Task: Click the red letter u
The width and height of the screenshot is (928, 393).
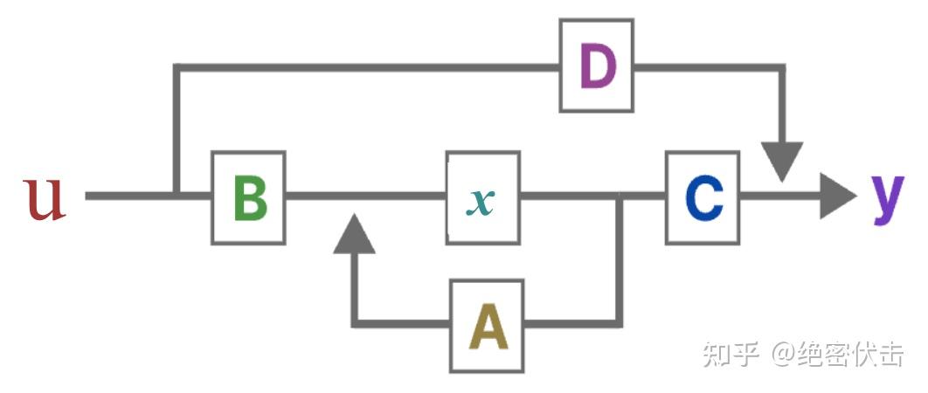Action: click(45, 199)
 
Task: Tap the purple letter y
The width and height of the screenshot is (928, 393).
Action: click(888, 196)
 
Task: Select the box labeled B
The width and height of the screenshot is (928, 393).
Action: click(249, 197)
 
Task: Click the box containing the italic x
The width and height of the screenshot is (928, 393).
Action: click(482, 197)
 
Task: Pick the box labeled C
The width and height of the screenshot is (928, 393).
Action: click(703, 197)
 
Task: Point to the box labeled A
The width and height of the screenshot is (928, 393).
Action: click(487, 326)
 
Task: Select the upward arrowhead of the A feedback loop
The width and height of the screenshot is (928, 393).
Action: click(355, 233)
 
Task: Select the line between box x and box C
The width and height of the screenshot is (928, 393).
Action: click(568, 196)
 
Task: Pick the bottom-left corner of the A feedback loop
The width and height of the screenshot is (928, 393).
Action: click(355, 323)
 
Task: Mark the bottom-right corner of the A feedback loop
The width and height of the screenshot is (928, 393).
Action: click(619, 323)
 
